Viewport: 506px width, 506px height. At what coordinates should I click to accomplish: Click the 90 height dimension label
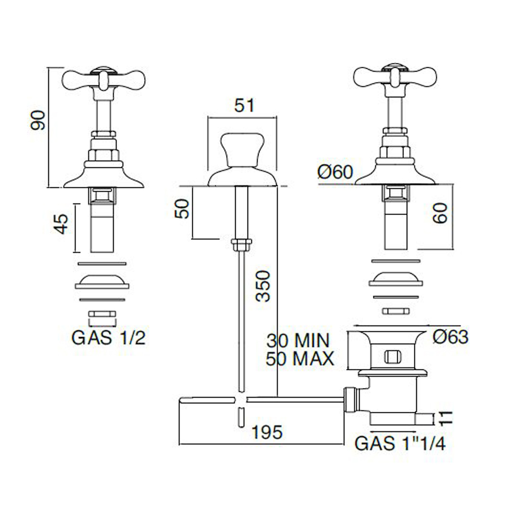click(x=38, y=120)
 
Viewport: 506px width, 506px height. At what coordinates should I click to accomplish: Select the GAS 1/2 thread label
click(x=108, y=338)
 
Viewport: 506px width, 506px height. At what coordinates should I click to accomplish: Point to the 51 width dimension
click(x=244, y=106)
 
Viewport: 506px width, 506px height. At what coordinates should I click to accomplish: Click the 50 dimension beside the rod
click(x=182, y=209)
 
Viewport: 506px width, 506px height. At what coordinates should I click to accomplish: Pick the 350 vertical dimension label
click(x=262, y=286)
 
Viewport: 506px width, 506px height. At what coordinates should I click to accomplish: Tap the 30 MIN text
click(x=298, y=341)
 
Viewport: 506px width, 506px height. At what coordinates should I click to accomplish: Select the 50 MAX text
click(x=300, y=359)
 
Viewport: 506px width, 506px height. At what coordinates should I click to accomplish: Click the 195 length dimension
click(x=267, y=433)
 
